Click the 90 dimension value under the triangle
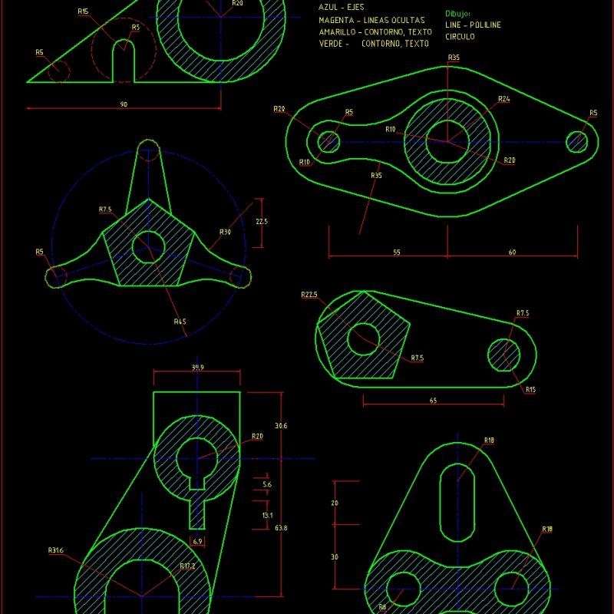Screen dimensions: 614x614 tap(123, 104)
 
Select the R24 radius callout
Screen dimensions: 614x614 tap(503, 99)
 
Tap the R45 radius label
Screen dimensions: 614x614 tap(180, 321)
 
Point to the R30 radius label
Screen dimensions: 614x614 tap(225, 232)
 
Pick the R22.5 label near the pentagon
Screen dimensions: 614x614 tap(310, 295)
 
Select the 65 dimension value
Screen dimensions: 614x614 tap(434, 401)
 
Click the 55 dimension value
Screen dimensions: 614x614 tap(396, 252)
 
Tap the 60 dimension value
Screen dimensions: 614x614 tap(511, 252)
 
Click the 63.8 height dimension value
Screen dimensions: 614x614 tap(281, 528)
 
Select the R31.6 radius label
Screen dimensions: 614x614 tap(56, 550)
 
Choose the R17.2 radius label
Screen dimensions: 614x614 tap(188, 566)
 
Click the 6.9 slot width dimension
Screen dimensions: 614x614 tap(197, 543)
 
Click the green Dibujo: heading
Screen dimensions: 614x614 tap(457, 14)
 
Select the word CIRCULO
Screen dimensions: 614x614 tap(460, 36)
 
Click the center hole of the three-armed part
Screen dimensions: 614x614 tap(147, 246)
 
